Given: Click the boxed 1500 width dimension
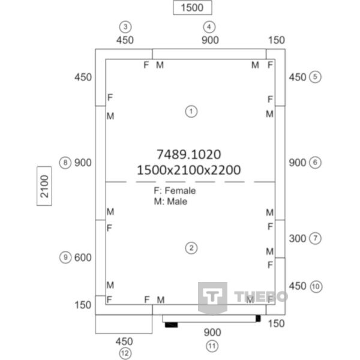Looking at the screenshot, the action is tap(193, 8).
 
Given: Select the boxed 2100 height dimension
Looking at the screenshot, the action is tap(44, 186).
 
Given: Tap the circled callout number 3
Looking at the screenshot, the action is tap(125, 27).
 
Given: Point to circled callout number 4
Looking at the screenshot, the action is tap(209, 27).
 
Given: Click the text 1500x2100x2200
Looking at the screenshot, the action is tap(189, 170).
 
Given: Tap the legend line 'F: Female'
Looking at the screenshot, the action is tap(175, 191).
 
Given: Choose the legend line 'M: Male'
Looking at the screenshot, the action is tap(170, 202).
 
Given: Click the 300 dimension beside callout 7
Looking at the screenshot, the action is tap(298, 239).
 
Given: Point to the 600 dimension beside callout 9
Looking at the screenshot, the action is tap(83, 257).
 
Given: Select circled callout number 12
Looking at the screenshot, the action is tap(125, 353).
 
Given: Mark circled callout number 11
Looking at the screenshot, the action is tap(212, 346).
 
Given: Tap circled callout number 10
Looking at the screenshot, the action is tap(316, 286).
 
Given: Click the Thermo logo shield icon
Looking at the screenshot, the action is tap(212, 298).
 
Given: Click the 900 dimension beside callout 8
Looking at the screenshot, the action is tap(83, 163).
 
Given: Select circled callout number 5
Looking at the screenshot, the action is tap(315, 77).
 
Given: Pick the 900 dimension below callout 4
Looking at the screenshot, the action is tap(210, 40).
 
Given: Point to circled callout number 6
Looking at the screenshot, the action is tap(315, 163).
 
